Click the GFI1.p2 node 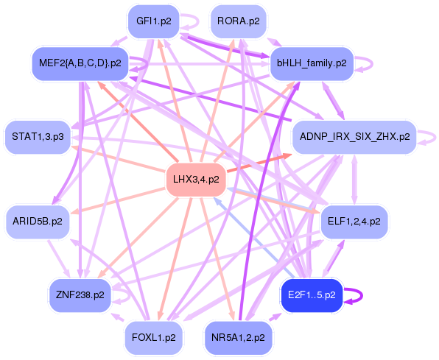point(153,21)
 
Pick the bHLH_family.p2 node point(311,63)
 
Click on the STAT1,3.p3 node point(38,136)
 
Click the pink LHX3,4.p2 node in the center point(195,179)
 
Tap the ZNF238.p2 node point(80,294)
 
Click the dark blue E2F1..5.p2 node point(311,294)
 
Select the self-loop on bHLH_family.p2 point(364,63)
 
